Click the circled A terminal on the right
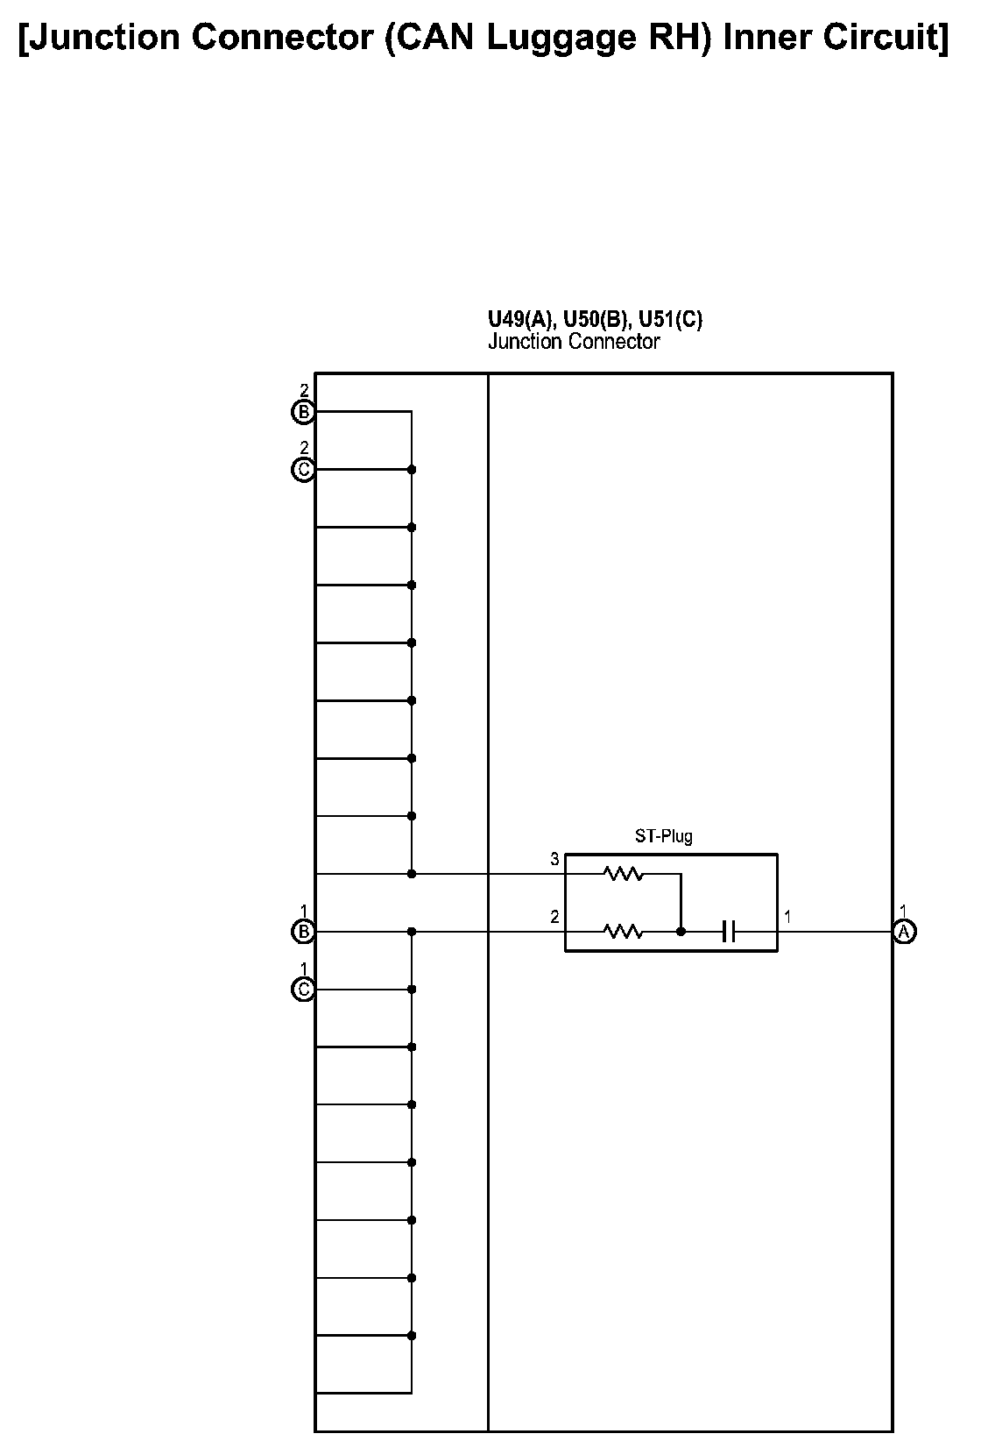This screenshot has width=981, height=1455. [904, 932]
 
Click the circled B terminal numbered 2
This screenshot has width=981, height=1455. [303, 411]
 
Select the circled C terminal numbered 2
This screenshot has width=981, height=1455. [303, 470]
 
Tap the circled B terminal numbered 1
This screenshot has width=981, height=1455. [303, 932]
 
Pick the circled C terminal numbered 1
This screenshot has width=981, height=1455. [303, 990]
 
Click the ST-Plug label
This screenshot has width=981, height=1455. [664, 836]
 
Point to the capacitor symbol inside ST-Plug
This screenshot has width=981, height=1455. [728, 932]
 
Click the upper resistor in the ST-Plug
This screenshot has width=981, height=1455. [623, 873]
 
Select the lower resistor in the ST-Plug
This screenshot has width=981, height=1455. [623, 932]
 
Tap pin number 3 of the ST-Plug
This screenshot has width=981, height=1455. [554, 860]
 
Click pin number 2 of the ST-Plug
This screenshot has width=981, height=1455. [554, 918]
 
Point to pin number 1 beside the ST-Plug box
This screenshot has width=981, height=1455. [788, 918]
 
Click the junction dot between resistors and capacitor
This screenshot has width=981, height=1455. [681, 932]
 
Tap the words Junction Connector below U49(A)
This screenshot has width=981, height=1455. [574, 342]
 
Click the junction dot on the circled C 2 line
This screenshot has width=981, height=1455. [412, 470]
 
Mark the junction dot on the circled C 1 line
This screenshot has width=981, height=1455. [412, 990]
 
